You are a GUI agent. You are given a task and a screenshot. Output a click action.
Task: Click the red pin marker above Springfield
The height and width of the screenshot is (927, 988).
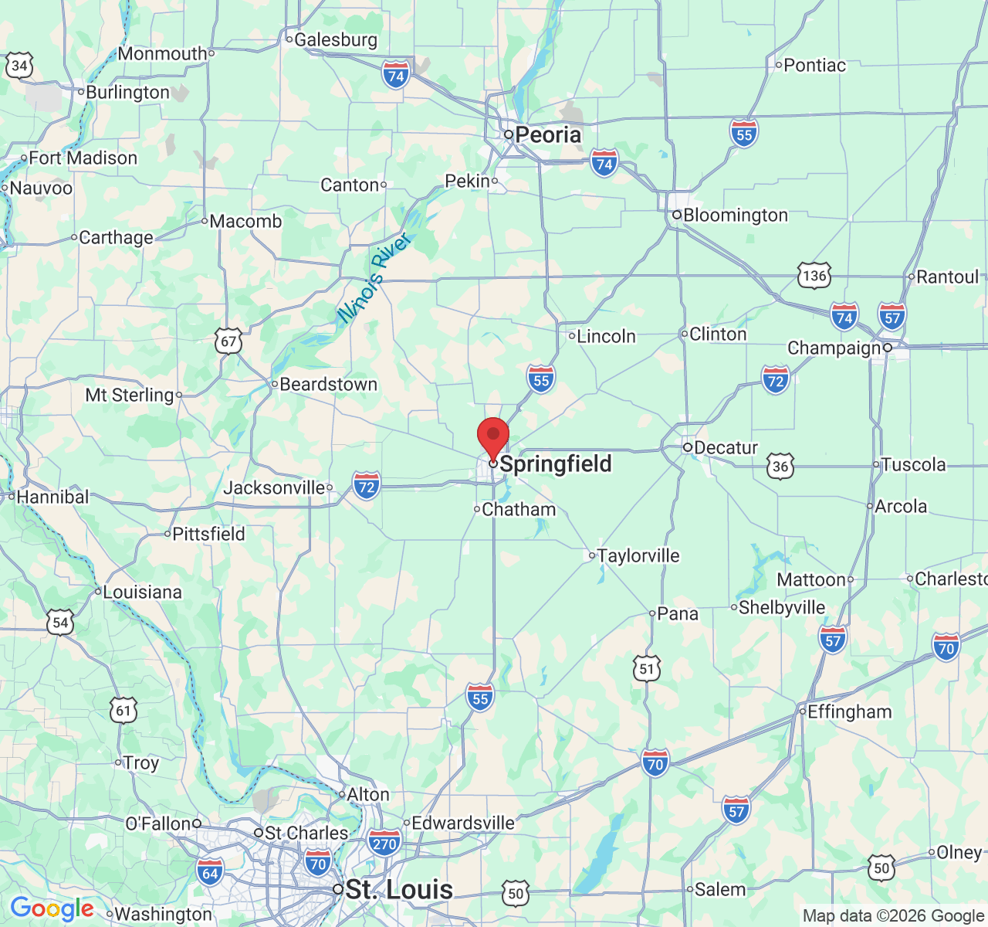[493, 436]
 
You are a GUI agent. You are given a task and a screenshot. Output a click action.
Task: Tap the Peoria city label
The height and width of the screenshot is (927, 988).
[547, 135]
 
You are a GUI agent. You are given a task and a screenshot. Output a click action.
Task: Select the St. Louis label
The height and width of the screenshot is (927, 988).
[399, 889]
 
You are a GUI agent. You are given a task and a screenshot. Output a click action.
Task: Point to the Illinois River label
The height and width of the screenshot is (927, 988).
[374, 278]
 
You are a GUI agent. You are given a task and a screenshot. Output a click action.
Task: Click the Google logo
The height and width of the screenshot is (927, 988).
[52, 909]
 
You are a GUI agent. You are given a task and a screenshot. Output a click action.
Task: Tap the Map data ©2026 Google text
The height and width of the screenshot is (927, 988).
[893, 916]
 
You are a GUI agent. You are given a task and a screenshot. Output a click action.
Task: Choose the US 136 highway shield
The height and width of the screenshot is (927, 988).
[814, 276]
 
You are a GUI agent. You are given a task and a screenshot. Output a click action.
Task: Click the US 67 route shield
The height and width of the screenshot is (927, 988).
[228, 341]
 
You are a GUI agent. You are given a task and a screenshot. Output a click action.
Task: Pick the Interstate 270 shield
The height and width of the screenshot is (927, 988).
[384, 843]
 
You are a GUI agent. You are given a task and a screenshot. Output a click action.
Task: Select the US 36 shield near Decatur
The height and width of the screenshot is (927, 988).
[780, 466]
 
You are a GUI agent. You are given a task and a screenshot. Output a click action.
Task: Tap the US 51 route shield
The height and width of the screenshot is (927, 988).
[647, 669]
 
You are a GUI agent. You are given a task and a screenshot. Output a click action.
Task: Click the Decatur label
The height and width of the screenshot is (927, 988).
[726, 448]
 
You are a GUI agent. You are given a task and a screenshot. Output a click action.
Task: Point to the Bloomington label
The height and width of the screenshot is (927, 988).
[735, 216]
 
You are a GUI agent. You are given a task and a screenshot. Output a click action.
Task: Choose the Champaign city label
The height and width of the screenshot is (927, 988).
[834, 348]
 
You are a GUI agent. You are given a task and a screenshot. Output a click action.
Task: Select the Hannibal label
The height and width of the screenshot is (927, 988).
[52, 497]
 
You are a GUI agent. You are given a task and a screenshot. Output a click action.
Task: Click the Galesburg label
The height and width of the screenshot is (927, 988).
[336, 39]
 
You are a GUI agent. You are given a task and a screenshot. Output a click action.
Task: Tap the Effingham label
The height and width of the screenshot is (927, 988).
[849, 711]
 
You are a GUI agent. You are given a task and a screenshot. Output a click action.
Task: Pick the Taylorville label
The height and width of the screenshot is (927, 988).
[638, 555]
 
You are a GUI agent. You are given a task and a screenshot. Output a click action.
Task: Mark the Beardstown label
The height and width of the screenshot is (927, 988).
[328, 384]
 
